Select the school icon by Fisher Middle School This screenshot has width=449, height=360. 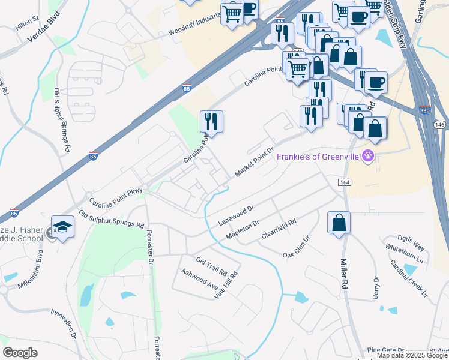(62, 227)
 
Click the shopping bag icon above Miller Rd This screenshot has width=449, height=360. (339, 222)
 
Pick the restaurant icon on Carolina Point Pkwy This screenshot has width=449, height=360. (211, 122)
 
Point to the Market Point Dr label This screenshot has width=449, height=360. (254, 162)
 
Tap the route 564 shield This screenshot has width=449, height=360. (344, 182)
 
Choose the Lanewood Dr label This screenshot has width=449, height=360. (237, 214)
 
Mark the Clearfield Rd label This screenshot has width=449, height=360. (279, 230)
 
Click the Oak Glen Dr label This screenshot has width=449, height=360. (297, 247)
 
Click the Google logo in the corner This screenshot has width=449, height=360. (20, 353)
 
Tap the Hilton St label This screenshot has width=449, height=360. (26, 22)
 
